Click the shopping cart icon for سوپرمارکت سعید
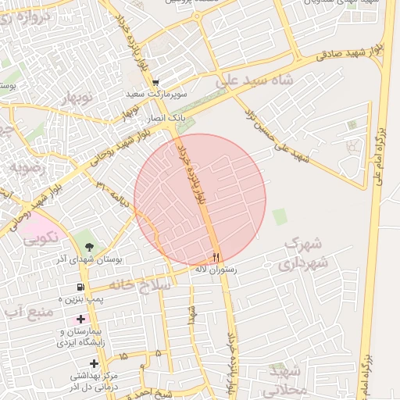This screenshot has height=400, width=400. pyautogui.click(x=155, y=82)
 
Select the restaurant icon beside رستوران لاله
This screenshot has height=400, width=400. pyautogui.click(x=216, y=256)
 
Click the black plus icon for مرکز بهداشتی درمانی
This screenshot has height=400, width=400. pyautogui.click(x=95, y=363)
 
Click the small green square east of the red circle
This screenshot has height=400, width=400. pyautogui.click(x=280, y=216)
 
